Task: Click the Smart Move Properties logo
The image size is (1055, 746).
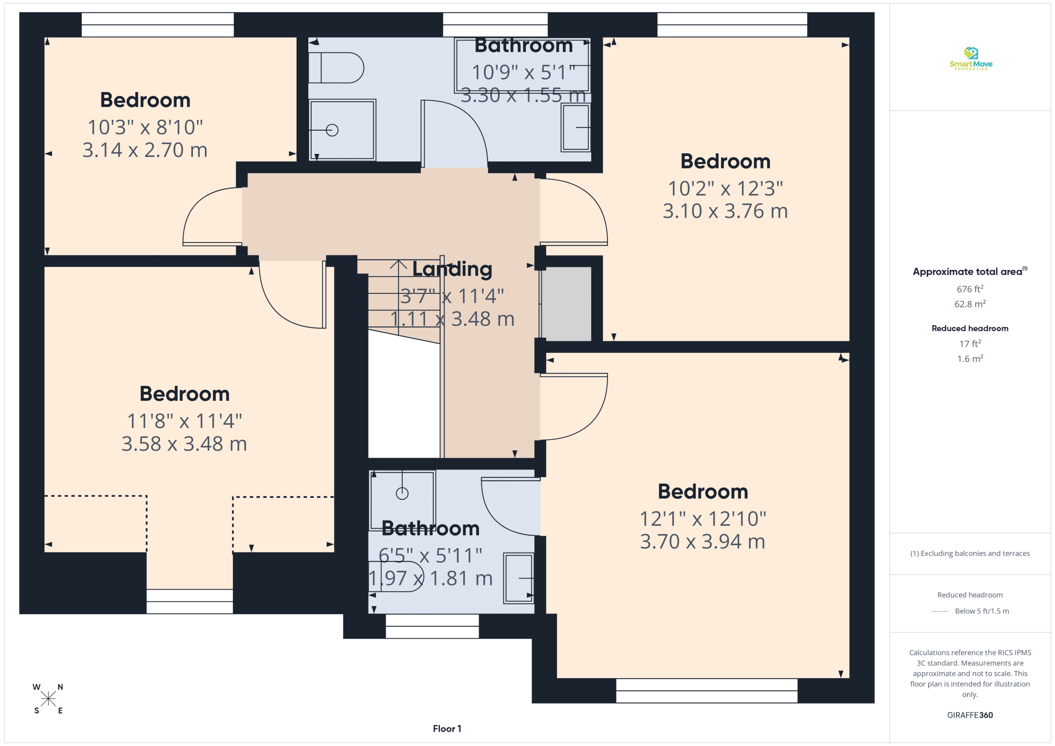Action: pos(971,59)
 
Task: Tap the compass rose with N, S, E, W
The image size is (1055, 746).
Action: pos(48,699)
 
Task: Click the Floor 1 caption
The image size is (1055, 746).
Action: pos(447,729)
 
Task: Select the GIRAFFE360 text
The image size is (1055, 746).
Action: pos(970,715)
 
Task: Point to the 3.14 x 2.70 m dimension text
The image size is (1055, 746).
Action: pos(145,150)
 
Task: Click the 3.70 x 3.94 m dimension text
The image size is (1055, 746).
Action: pos(703,541)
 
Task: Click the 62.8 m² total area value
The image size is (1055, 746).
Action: pos(970,304)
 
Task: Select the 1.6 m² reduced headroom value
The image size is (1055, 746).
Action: pos(970,358)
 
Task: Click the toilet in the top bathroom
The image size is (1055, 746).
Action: pos(336,68)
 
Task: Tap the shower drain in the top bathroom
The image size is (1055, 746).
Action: pos(332,130)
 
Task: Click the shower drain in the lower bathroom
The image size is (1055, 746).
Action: pos(402,493)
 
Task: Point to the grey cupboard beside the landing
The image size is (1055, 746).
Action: pos(566,304)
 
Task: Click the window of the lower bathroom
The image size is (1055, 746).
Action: pos(432,626)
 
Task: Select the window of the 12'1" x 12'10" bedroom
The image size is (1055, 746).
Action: pos(706,690)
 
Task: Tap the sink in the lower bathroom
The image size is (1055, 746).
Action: pos(519,578)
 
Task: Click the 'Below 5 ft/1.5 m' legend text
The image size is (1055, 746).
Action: pos(982,611)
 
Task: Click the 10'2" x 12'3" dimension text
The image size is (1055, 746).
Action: pos(725,188)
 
